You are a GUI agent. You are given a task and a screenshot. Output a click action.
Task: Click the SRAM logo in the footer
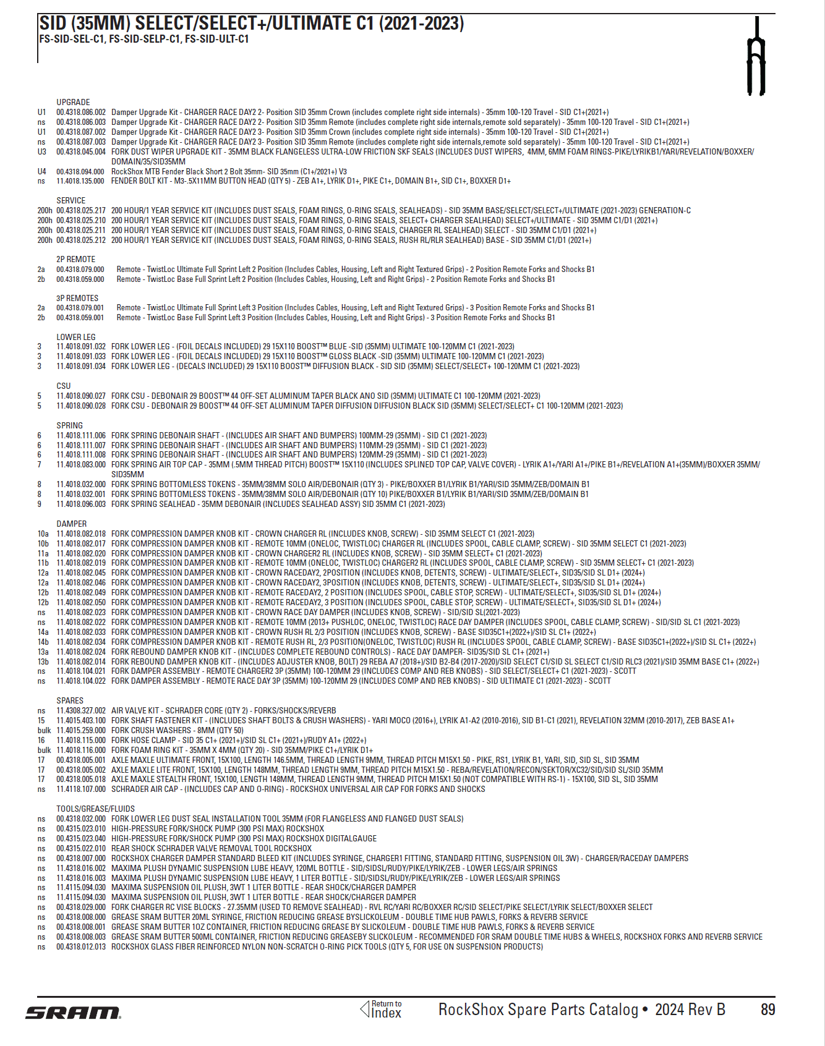73,1013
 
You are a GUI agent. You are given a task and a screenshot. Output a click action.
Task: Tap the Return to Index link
381,1010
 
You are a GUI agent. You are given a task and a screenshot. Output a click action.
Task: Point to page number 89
767,1010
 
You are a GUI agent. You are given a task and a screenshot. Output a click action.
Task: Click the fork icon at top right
756,57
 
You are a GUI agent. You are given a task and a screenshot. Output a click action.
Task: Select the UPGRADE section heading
73,102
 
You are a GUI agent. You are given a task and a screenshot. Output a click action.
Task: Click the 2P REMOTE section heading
75,259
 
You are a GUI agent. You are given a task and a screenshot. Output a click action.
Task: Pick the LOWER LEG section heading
75,337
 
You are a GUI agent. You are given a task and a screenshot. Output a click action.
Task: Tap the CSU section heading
64,386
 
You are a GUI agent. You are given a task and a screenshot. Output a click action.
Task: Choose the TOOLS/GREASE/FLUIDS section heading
95,809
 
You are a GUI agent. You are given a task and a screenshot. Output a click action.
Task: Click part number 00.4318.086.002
81,112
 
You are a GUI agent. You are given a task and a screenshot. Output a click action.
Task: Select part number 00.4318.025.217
81,210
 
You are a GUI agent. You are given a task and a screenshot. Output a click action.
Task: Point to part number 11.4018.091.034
81,366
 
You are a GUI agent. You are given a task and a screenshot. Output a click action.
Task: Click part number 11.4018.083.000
81,464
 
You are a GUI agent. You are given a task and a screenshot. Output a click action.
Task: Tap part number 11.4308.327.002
81,710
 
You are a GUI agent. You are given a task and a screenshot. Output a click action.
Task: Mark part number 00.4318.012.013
81,946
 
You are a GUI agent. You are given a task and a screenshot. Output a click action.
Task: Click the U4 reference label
41,171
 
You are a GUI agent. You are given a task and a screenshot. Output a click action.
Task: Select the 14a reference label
43,632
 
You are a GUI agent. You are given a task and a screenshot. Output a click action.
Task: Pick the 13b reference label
43,661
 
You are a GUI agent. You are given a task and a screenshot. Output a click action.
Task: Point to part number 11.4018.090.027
81,396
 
